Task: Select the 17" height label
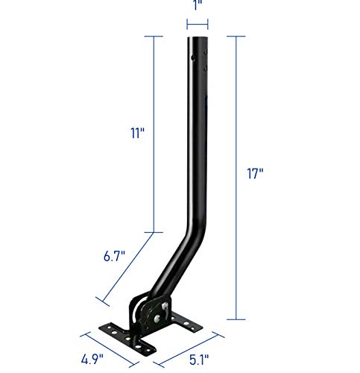pos(257,174)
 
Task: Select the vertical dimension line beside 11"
pos(154,134)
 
